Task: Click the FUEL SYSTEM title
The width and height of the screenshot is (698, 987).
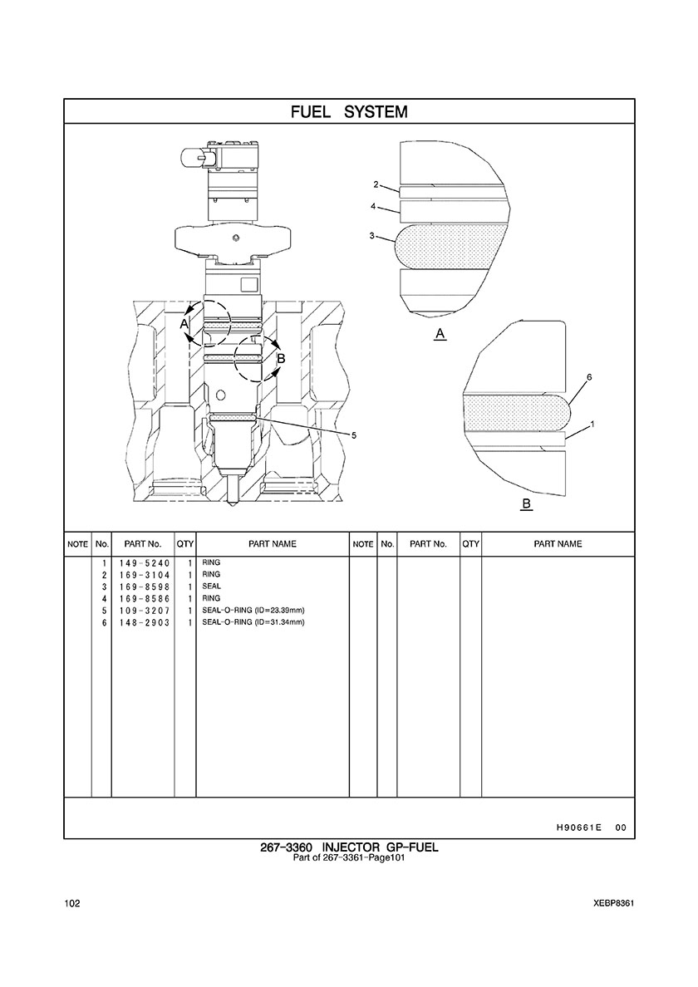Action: point(349,112)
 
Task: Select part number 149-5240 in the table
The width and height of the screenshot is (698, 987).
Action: point(144,562)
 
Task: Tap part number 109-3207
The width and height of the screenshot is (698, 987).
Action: point(144,611)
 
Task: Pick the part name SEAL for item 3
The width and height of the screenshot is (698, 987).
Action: point(211,586)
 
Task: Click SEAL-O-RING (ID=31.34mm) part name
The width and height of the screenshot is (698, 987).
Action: point(253,622)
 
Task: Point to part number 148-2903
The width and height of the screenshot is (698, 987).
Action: point(144,622)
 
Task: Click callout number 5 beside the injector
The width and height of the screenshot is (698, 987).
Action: point(354,435)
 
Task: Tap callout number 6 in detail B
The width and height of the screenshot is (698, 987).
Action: point(589,377)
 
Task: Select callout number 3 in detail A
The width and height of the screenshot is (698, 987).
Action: point(372,236)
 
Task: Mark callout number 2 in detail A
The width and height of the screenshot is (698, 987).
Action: point(376,184)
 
